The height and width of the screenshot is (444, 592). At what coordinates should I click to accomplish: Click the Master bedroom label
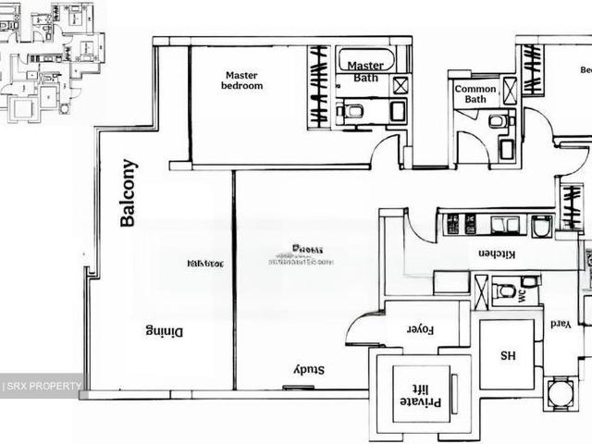tap(242, 80)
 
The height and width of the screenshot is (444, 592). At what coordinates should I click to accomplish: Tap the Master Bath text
tap(365, 71)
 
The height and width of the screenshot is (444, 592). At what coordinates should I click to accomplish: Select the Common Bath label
tap(475, 93)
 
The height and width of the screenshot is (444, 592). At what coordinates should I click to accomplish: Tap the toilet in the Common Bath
tap(497, 120)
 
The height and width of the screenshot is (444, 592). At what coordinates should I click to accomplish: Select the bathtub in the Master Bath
tap(365, 60)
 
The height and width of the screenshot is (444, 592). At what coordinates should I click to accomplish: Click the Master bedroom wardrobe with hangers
tap(318, 86)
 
